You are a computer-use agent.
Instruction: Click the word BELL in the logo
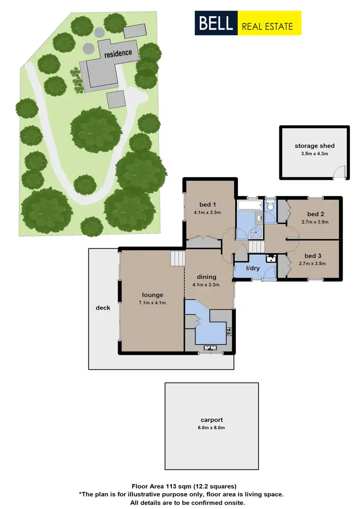pos(214,23)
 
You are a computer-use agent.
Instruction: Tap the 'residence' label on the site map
pos(119,53)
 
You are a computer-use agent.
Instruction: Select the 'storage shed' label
pos(314,146)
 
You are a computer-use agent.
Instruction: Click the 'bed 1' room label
pos(206,202)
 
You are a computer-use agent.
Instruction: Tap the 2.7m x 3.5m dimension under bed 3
pos(312,263)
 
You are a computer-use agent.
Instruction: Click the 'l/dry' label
pos(252,268)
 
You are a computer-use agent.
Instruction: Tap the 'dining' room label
pos(207,277)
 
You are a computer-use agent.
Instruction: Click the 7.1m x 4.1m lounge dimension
pos(152,303)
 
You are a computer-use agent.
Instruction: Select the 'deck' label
pos(103,308)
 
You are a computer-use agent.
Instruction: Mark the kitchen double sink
pos(211,348)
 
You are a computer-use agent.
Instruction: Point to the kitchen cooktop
pos(229,331)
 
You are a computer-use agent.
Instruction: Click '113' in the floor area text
pos(172,486)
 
